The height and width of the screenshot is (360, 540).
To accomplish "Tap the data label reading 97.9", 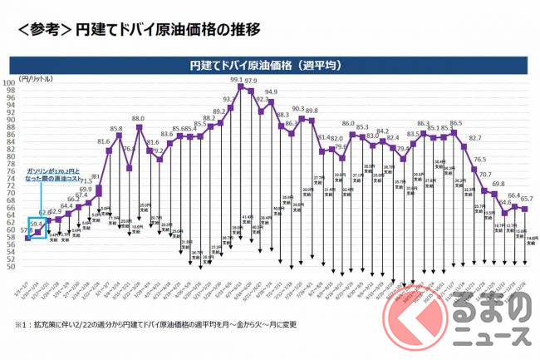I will pos(250,81).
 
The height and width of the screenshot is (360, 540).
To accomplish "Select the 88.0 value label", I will pos(138,120).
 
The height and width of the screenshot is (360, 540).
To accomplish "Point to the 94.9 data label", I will pos(272,92).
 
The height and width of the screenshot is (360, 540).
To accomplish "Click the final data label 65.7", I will pos(527,200).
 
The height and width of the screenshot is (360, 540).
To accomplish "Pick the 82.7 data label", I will pos(475,138).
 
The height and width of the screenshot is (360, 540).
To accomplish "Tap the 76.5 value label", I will pos(480,160).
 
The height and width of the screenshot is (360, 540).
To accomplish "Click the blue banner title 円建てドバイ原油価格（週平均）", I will pos(271,63).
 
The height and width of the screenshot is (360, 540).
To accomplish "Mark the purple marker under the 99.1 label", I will pos(240,86).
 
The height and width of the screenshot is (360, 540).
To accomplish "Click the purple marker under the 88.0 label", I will pos(140,126).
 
